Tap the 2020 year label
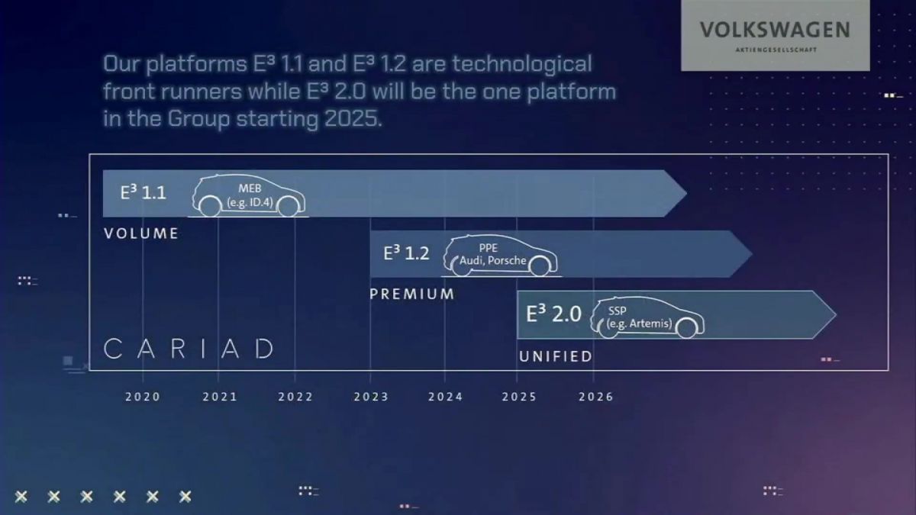143,397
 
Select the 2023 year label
370,397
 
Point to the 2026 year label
596,397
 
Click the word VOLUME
141,233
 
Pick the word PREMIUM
412,294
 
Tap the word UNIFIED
556,356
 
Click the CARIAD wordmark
189,349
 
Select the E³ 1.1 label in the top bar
143,193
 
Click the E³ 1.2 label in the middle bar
406,253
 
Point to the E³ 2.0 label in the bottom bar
553,314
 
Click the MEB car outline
249,196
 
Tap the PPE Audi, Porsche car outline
501,256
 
